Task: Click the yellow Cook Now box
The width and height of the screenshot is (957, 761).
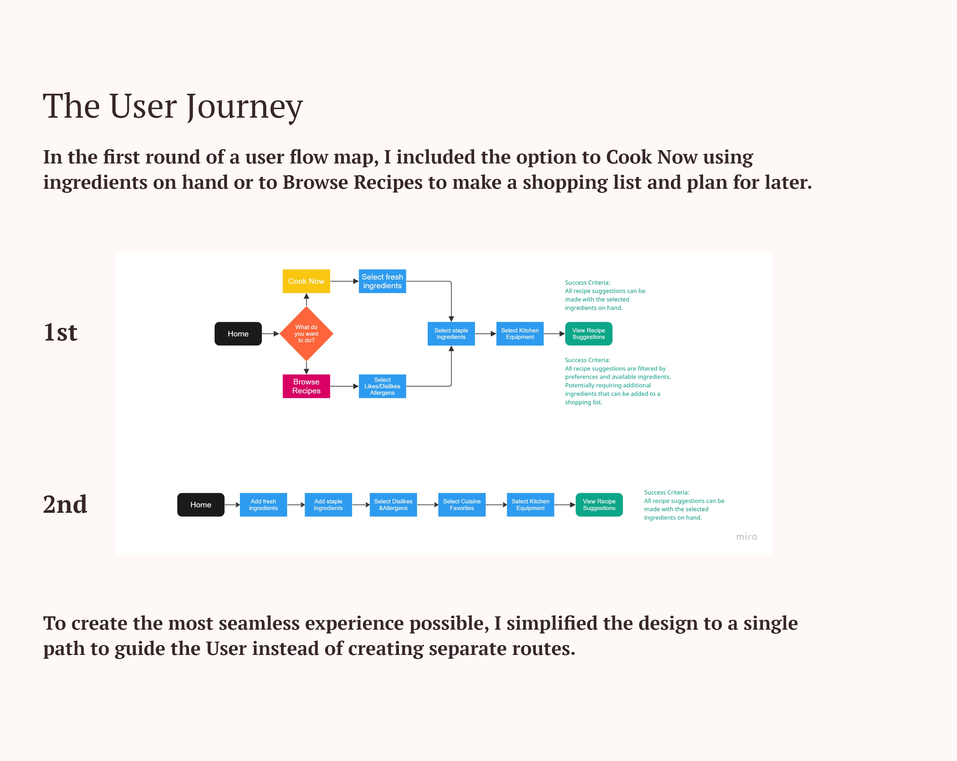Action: pos(306,281)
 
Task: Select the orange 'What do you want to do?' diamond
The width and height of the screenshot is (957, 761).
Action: pos(306,333)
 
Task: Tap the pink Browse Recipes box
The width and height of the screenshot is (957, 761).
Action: pos(306,386)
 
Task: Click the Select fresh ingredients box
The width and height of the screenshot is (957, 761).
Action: pos(382,281)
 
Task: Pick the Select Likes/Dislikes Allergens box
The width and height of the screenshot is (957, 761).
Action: pos(382,386)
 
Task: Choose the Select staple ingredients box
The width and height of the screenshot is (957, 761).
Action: pos(451,333)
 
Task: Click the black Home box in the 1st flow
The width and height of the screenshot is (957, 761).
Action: pos(238,333)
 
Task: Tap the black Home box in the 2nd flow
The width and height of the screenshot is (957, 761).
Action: pos(201,505)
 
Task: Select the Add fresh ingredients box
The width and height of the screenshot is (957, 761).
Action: pos(263,505)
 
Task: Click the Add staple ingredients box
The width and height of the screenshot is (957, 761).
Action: pos(328,505)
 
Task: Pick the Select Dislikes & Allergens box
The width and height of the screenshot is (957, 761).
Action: pos(393,505)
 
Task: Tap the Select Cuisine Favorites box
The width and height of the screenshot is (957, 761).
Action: pos(462,505)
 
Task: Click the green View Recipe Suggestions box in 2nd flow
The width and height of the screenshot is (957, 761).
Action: pos(599,505)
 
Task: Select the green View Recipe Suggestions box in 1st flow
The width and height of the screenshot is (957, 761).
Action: pos(589,333)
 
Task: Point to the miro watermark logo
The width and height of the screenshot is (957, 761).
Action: pos(746,537)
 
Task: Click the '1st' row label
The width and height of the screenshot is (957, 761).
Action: pos(60,332)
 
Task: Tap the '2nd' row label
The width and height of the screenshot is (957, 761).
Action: pos(65,505)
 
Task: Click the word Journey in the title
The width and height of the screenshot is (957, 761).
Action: pos(245,106)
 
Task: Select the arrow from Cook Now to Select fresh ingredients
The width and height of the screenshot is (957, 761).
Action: pos(344,281)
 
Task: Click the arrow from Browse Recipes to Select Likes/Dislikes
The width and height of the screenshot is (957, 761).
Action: pos(344,386)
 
